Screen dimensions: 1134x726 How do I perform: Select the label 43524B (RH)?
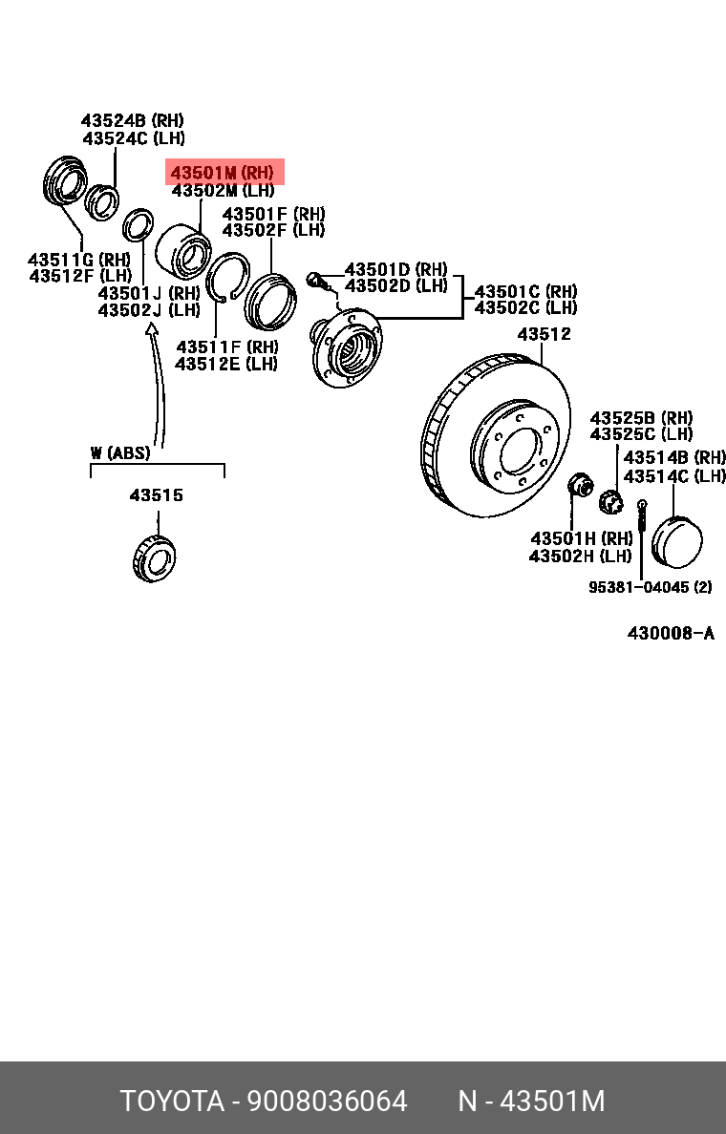click(132, 121)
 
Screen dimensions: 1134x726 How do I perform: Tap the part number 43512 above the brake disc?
click(544, 334)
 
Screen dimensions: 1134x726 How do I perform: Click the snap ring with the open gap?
click(228, 278)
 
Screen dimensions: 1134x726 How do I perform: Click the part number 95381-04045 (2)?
click(650, 587)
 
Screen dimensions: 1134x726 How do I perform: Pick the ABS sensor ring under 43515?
click(154, 558)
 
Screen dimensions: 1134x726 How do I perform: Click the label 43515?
click(156, 495)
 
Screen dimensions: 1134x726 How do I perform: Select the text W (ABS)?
click(120, 452)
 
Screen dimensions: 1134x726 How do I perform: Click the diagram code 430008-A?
click(670, 633)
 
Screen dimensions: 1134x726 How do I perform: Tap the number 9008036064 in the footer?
click(328, 1101)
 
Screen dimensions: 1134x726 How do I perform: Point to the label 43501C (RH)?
click(525, 291)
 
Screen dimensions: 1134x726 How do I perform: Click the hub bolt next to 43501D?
click(317, 280)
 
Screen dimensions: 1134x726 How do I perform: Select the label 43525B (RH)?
click(640, 418)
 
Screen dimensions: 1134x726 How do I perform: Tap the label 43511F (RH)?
click(226, 346)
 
